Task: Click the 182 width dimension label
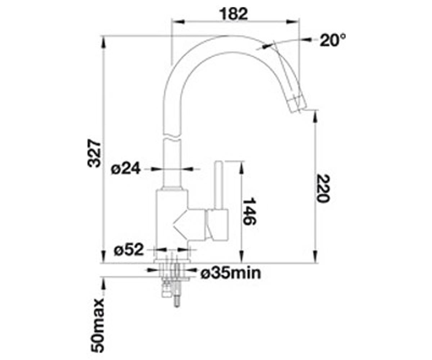(x=233, y=14)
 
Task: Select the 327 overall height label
(x=94, y=153)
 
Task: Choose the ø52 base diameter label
(x=129, y=249)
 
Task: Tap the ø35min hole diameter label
(x=231, y=273)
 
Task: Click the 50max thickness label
(x=98, y=325)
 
